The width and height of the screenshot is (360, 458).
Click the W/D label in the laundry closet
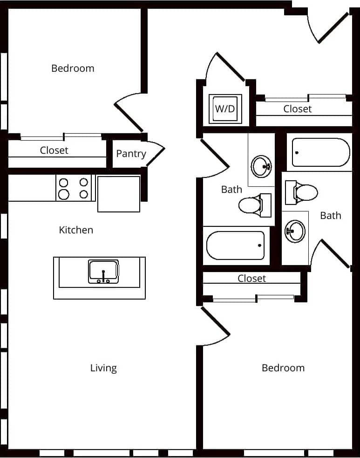225,109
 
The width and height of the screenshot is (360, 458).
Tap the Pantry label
131,154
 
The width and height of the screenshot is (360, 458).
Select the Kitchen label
76,230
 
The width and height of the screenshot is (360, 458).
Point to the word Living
103,368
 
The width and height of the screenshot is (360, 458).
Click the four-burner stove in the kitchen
74,188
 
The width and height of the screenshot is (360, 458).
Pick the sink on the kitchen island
103,272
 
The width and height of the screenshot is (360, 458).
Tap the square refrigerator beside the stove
119,193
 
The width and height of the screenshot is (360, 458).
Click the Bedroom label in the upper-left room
73,68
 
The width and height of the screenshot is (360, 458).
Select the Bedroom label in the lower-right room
283,368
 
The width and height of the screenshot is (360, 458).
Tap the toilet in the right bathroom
302,191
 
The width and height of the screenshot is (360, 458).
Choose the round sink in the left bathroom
261,165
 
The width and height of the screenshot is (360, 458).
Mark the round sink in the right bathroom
294,230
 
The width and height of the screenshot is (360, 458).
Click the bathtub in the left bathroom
236,246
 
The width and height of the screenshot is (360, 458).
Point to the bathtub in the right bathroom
320,152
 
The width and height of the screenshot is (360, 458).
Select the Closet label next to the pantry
54,150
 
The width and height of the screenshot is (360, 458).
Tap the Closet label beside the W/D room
297,109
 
